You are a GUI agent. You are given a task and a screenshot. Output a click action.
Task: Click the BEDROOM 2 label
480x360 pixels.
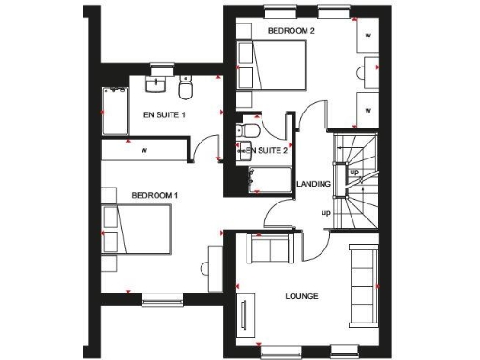point(291,31)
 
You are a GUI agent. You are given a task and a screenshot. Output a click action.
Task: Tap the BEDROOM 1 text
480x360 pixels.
point(155,195)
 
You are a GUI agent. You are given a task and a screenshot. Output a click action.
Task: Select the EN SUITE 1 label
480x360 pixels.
point(165,114)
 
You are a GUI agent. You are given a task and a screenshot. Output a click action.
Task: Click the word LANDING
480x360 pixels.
point(313,184)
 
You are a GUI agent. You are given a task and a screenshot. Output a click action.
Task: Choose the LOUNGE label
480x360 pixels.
point(302,296)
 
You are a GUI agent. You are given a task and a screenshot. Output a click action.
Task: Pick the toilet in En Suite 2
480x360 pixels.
point(249,130)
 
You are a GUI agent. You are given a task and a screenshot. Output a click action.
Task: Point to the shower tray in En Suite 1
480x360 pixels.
point(115,111)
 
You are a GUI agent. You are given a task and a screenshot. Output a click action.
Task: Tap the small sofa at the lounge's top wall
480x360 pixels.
point(270,248)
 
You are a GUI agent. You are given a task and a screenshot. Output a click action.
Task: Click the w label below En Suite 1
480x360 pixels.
point(144,149)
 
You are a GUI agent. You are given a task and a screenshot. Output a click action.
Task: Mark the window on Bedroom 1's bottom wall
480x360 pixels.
point(155,300)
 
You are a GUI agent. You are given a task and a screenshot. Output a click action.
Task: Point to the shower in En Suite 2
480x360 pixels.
point(271,177)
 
